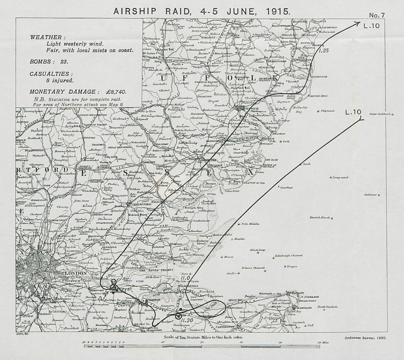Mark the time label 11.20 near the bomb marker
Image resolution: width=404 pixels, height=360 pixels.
(186, 320)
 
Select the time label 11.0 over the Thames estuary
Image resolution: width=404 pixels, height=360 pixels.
(185, 278)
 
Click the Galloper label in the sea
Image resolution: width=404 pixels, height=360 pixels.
(370, 195)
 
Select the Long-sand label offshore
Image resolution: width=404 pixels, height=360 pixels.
(340, 177)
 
